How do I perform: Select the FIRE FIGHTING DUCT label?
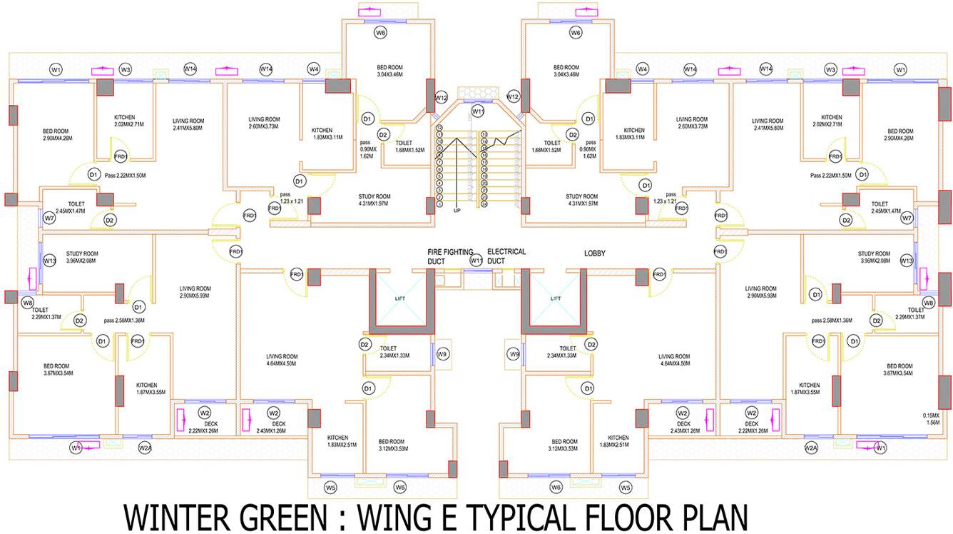click(x=446, y=257)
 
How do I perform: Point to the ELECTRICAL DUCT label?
click(x=506, y=257)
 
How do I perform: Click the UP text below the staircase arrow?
click(x=457, y=211)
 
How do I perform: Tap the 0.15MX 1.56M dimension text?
click(x=931, y=418)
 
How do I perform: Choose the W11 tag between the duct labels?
click(x=476, y=261)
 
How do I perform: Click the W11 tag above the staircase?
click(x=477, y=112)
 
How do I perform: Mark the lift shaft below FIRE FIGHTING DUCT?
click(x=403, y=299)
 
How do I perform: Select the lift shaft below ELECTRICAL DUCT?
click(x=556, y=299)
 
